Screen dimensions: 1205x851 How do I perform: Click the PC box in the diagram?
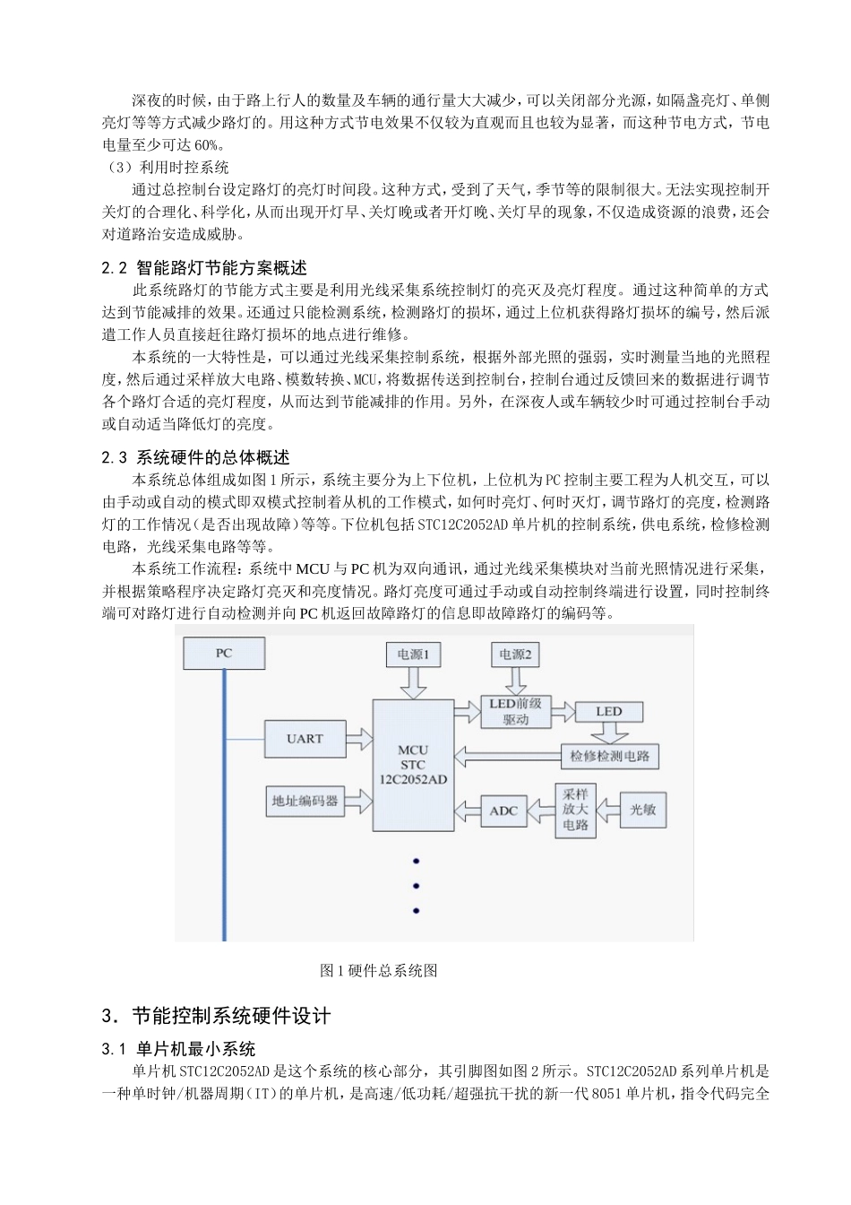(x=224, y=653)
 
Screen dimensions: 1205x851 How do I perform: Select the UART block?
(x=305, y=739)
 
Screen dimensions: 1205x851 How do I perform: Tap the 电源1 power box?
(x=413, y=655)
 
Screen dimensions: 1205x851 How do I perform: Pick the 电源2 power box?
(x=514, y=655)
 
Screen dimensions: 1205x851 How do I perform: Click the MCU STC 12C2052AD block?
(x=413, y=764)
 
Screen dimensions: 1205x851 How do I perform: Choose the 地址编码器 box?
(x=305, y=801)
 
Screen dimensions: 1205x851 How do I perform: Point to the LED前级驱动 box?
(x=515, y=712)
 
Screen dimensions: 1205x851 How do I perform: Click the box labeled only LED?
(x=609, y=712)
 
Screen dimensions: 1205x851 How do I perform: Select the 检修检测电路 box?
(x=609, y=756)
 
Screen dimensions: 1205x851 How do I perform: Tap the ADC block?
(x=503, y=811)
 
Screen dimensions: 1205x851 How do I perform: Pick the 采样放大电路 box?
(x=575, y=810)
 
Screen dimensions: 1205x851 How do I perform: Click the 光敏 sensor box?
(x=643, y=810)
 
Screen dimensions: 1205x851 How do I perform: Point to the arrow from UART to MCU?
(x=358, y=739)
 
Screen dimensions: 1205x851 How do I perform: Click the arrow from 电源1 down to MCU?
(x=413, y=683)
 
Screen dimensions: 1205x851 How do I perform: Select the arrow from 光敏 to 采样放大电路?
(x=609, y=810)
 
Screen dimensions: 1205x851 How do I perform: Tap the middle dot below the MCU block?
(x=416, y=886)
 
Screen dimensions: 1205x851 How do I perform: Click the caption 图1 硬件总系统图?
(x=378, y=970)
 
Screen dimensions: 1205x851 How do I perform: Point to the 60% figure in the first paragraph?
(x=207, y=145)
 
